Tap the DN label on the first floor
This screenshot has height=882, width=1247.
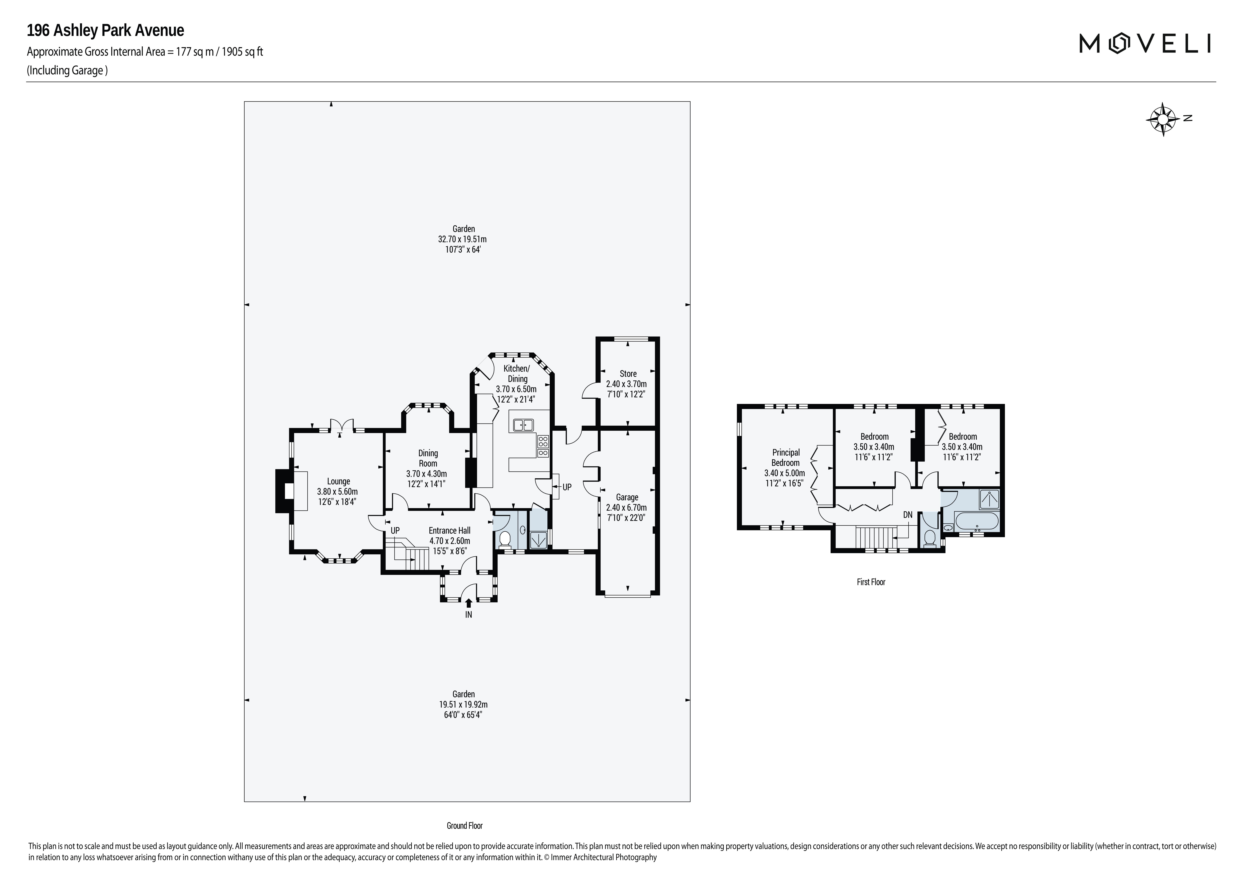pyautogui.click(x=908, y=515)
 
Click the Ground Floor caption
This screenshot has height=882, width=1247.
pyautogui.click(x=464, y=825)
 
